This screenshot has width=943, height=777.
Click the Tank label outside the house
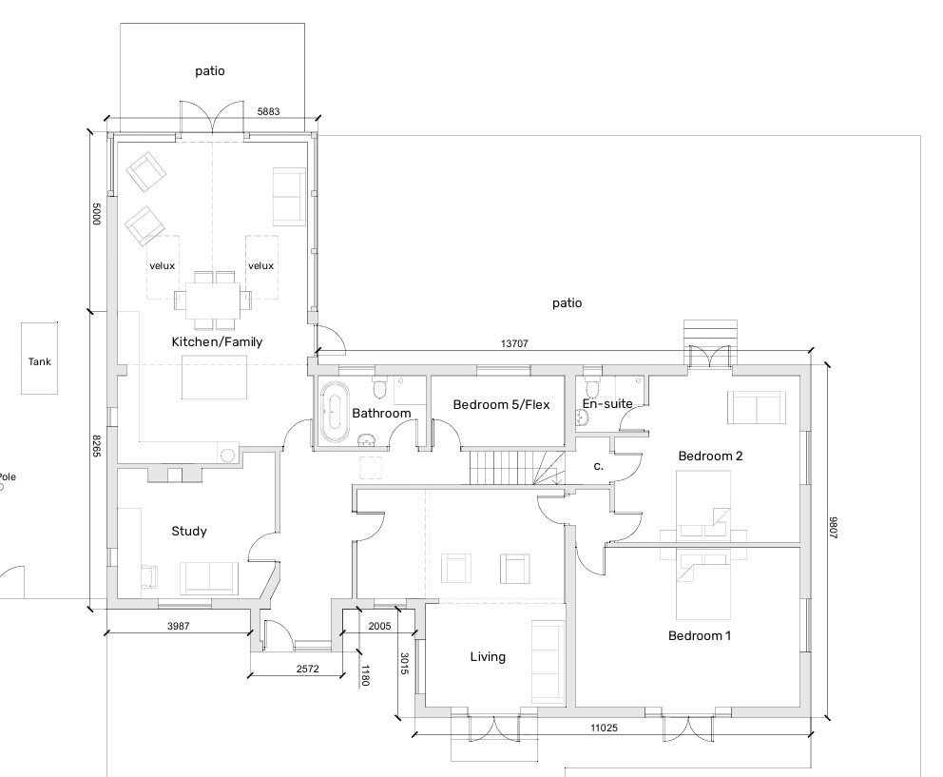(40, 361)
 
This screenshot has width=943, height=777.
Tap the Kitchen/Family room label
(217, 341)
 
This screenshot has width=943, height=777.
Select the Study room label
(189, 531)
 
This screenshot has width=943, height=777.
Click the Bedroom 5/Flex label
(502, 404)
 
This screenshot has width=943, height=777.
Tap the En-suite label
(607, 404)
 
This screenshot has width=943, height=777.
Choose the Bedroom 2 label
(710, 456)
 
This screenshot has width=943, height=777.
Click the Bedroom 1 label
(700, 635)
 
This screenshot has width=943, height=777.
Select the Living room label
(488, 656)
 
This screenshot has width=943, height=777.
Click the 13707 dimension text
(514, 343)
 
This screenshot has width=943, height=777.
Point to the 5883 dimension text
(268, 111)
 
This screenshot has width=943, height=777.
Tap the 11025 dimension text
(604, 728)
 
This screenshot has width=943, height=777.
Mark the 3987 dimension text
(178, 626)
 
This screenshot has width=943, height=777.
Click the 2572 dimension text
(307, 669)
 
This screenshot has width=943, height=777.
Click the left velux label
(162, 265)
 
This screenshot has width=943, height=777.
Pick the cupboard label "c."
(598, 466)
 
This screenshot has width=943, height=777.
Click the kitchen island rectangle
(215, 377)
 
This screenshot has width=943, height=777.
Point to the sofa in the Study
(209, 578)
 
